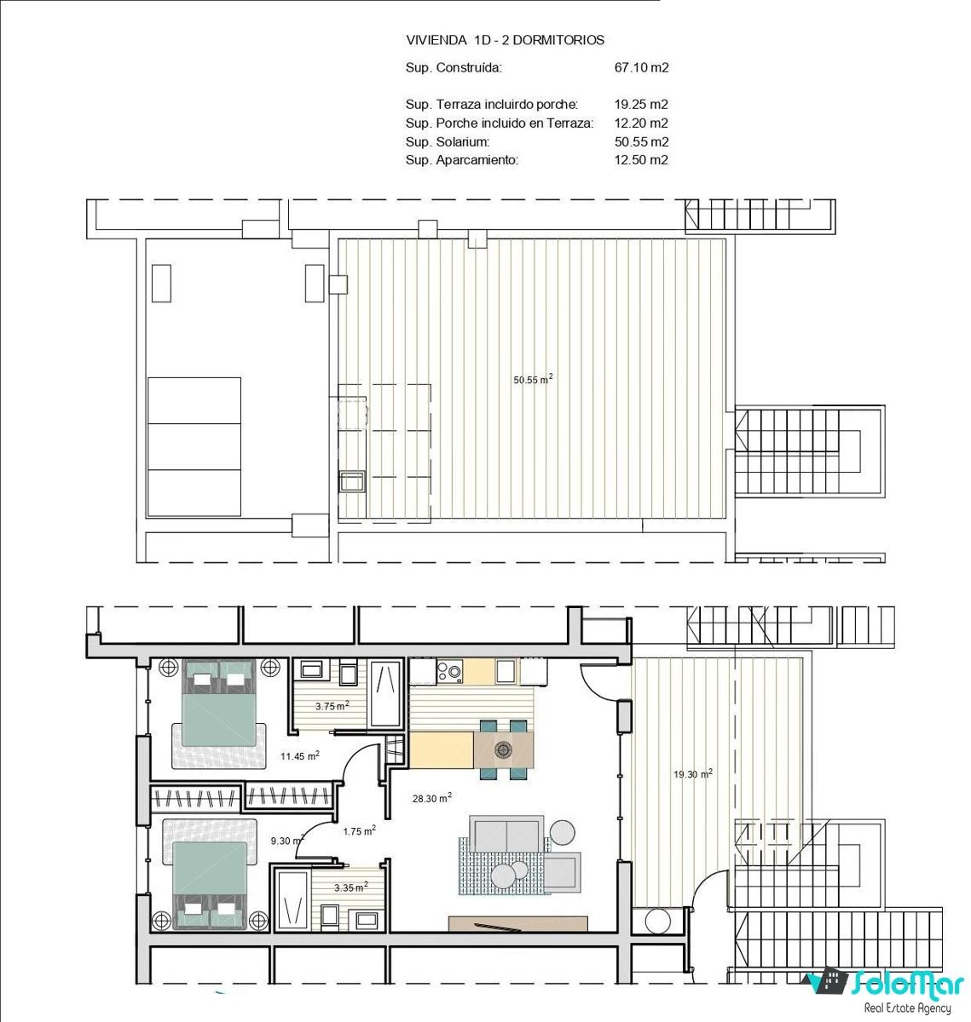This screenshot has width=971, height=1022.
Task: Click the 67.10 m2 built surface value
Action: pyautogui.click(x=640, y=67)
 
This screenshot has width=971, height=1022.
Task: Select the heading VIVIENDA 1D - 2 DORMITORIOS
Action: pyautogui.click(x=505, y=40)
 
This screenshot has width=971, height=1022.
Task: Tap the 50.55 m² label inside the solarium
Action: pyautogui.click(x=533, y=379)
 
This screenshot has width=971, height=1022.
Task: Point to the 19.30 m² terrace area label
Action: pyautogui.click(x=692, y=773)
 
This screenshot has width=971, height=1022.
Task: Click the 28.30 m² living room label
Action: pyautogui.click(x=432, y=797)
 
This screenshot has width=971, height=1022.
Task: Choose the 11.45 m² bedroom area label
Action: pyautogui.click(x=300, y=755)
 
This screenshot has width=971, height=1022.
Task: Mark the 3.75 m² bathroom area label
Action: pyautogui.click(x=332, y=705)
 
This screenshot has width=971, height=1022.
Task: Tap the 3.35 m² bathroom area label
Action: pyautogui.click(x=350, y=887)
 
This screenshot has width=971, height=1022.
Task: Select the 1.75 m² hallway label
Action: pyautogui.click(x=359, y=831)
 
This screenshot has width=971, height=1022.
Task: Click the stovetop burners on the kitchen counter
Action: pyautogui.click(x=449, y=670)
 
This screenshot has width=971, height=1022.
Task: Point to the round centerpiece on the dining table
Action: pyautogui.click(x=503, y=749)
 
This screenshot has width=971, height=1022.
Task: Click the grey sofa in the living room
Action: pyautogui.click(x=506, y=833)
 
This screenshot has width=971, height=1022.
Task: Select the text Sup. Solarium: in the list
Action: pyautogui.click(x=448, y=142)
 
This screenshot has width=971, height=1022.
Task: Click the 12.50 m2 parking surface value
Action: pyautogui.click(x=640, y=160)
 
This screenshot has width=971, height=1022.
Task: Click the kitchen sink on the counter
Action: pyautogui.click(x=506, y=671)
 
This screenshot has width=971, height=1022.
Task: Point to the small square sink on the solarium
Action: pyautogui.click(x=352, y=481)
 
